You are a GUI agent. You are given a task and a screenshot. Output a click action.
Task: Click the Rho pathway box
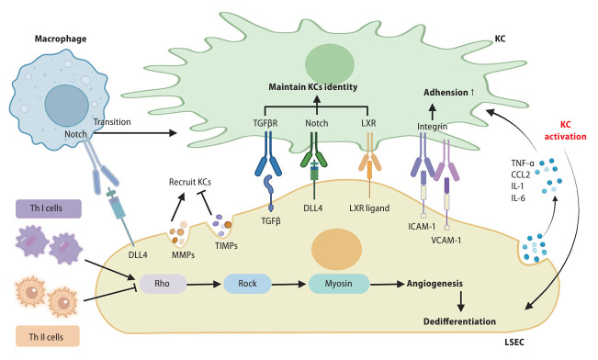point(163,284)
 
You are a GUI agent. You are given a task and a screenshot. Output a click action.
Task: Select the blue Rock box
point(247,284)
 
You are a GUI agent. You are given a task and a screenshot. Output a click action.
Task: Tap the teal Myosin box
point(339,284)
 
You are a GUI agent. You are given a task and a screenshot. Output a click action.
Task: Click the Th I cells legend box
point(49,208)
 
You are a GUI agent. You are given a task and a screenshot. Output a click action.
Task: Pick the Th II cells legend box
point(48,336)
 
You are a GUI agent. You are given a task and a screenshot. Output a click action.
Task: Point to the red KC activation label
point(565,130)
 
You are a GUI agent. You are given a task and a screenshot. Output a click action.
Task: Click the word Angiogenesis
point(434,284)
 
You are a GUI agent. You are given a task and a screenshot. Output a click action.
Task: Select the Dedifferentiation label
point(459,321)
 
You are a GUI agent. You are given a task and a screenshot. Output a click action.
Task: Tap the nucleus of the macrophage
point(67,106)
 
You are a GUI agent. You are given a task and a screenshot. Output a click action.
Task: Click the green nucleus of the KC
point(330,64)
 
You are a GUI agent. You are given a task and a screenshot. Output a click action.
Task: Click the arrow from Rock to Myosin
point(288,284)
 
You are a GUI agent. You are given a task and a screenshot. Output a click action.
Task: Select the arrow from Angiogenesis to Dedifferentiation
point(461,301)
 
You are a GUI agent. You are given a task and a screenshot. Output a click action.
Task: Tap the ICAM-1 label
point(422,227)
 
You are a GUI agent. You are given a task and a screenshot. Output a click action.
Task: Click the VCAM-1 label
point(446,241)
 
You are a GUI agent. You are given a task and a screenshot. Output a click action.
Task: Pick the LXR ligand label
point(369,208)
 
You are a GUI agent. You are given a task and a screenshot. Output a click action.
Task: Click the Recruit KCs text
point(190,182)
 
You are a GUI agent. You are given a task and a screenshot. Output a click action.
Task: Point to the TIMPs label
point(226,246)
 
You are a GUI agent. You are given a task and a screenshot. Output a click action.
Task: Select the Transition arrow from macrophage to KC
point(135,133)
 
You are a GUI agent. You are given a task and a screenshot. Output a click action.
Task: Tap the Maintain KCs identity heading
point(313,87)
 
